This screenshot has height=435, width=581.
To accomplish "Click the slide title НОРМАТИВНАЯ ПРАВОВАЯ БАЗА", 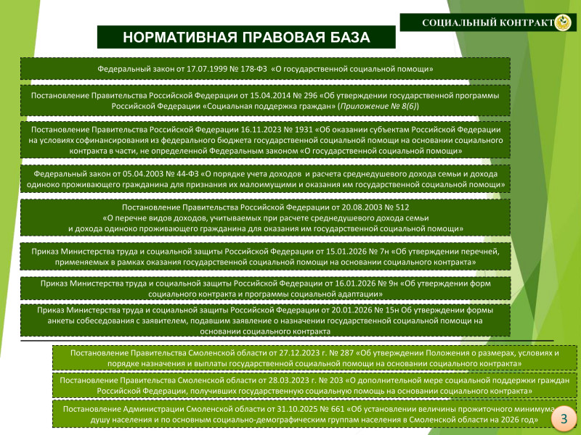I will (245, 38).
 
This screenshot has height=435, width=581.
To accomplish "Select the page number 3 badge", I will (564, 419).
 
